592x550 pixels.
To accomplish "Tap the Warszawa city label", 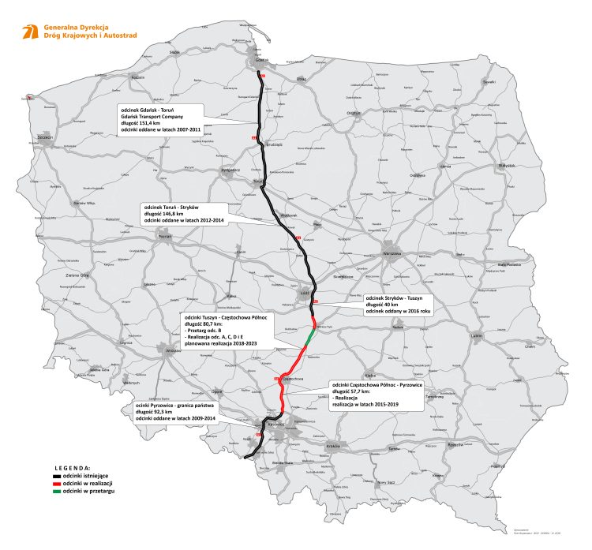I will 392,254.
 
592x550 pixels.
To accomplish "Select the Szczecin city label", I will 43,137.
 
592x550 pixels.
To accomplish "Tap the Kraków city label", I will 332,446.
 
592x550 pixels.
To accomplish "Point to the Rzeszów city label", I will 455,445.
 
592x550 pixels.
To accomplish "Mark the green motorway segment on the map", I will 309,339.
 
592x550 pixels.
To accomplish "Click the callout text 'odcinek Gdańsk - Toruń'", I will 148,107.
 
